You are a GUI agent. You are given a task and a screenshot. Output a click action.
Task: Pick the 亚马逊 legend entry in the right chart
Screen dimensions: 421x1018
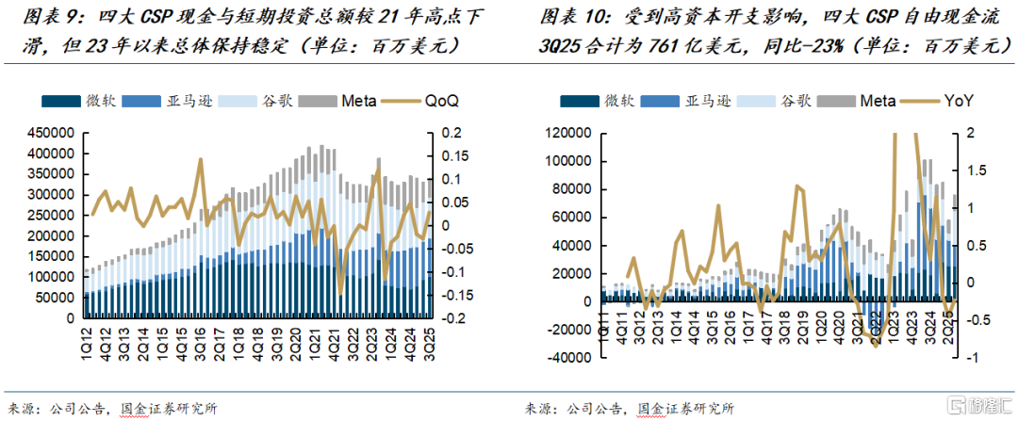click(704, 101)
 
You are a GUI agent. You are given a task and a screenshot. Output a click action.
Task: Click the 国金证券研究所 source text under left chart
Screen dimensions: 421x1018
click(170, 409)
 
